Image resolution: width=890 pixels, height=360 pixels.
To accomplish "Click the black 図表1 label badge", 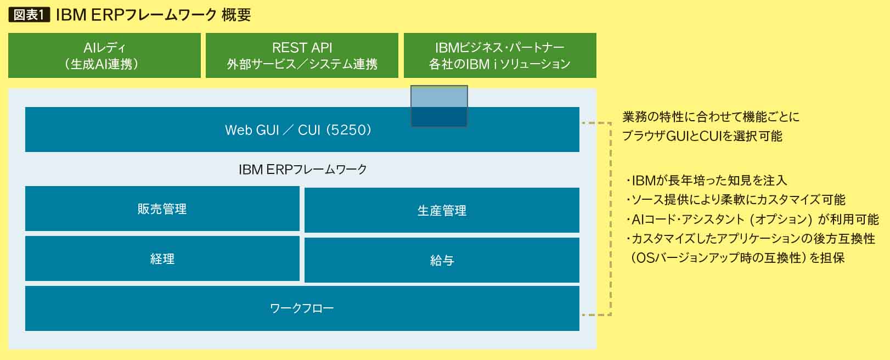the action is (x=29, y=15).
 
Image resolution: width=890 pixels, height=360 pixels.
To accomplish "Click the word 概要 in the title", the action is (x=236, y=15).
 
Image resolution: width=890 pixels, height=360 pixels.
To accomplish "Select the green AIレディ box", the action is (x=104, y=55).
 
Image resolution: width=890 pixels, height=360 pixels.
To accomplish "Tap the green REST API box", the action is (x=302, y=55).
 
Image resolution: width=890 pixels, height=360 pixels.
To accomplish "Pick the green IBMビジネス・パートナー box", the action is (x=500, y=55).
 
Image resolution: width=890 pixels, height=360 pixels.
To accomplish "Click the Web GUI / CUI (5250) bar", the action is (x=302, y=130).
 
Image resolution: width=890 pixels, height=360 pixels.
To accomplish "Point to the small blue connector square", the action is (x=439, y=106).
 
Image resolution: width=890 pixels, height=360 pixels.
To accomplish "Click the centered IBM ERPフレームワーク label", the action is (x=303, y=170).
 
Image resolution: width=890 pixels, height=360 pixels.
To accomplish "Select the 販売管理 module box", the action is (x=162, y=209).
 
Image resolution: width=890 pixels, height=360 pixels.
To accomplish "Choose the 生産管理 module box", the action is (x=442, y=210).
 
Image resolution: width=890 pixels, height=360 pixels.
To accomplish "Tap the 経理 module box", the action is (x=162, y=258).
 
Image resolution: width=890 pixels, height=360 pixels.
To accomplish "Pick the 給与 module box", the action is (x=442, y=260).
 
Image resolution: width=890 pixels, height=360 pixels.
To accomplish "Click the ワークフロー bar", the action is (x=302, y=308).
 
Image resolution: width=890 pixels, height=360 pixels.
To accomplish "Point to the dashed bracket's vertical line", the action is (x=611, y=219).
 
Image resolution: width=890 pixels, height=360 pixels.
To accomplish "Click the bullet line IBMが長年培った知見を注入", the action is (x=706, y=181).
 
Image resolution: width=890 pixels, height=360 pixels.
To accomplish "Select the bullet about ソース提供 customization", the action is (x=735, y=199).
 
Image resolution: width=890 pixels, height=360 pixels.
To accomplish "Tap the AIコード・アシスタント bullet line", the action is (x=752, y=219).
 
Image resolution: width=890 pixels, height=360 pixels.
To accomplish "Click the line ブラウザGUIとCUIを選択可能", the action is (x=702, y=136).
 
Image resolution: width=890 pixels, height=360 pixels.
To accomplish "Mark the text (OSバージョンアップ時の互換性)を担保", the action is (x=737, y=258).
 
